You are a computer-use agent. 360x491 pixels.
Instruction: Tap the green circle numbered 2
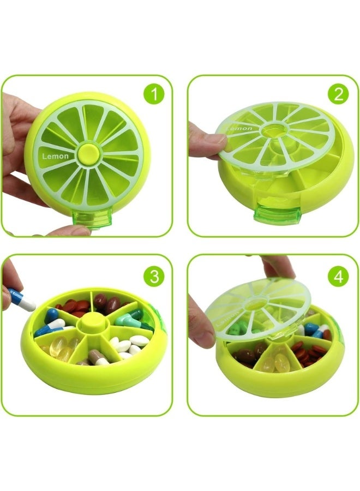coord(338,94)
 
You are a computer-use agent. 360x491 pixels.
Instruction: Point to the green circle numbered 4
coord(338,276)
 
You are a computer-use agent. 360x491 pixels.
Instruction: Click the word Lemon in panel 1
coord(56,157)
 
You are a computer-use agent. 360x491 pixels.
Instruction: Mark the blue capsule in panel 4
coord(311,328)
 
